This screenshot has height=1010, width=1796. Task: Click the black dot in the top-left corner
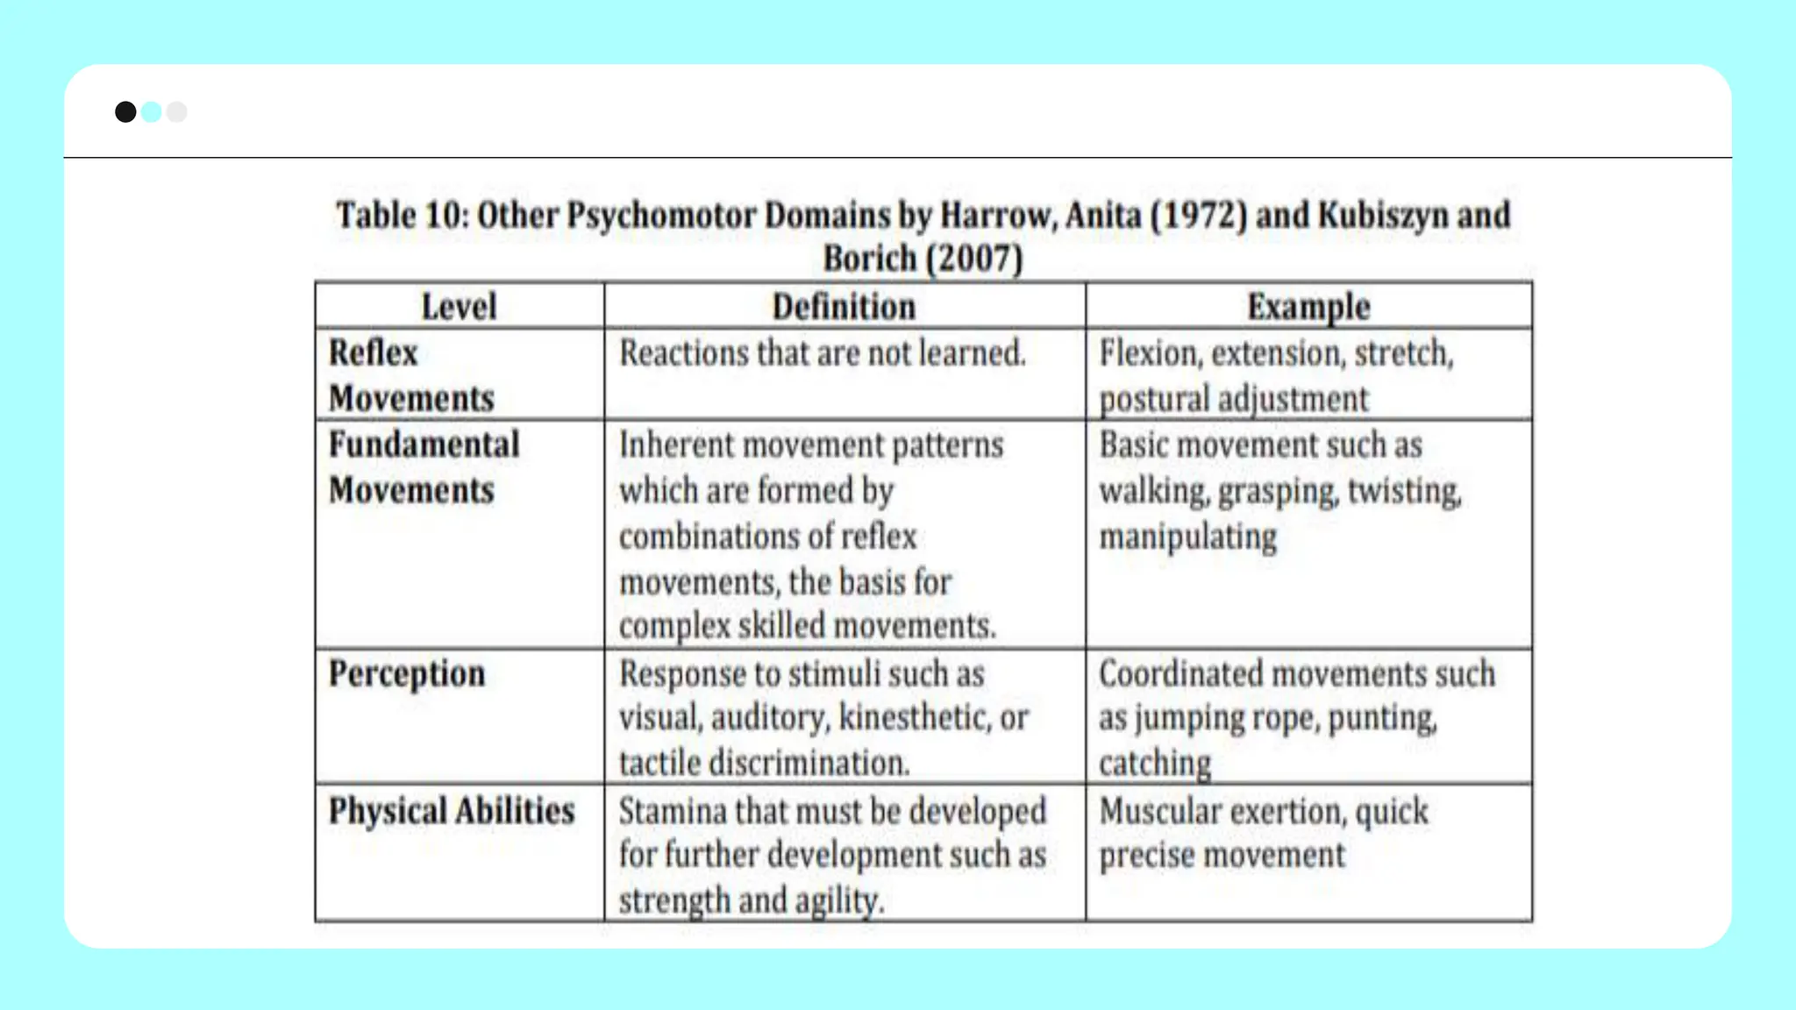(x=125, y=112)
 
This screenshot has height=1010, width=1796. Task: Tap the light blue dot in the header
(x=152, y=112)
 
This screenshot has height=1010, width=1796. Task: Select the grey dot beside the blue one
(x=177, y=112)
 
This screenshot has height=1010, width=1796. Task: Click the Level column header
(x=459, y=307)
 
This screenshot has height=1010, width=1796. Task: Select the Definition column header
(x=844, y=307)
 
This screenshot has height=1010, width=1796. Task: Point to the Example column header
(x=1308, y=307)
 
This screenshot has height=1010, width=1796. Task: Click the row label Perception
(x=407, y=674)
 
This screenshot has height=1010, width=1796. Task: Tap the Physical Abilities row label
(x=452, y=811)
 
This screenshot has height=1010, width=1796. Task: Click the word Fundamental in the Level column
(x=424, y=445)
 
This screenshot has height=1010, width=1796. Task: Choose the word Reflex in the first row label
(x=374, y=353)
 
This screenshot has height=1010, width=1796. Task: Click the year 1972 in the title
(x=1198, y=216)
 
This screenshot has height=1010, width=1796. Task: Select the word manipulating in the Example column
(x=1188, y=537)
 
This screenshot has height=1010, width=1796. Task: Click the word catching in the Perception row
(x=1155, y=764)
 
